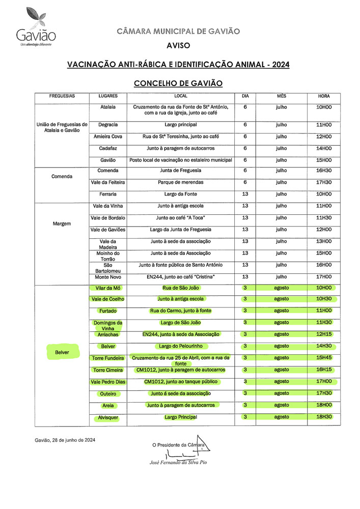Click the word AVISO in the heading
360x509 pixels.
click(178, 46)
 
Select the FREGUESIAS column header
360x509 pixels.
click(62, 96)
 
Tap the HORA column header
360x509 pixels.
click(324, 96)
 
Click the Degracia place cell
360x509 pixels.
click(108, 125)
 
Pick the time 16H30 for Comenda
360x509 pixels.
click(324, 171)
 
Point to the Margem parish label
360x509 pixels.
click(62, 223)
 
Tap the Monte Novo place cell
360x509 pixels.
click(108, 277)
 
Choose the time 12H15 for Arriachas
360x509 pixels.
click(324, 334)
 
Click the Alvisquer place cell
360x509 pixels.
click(108, 417)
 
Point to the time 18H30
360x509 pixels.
click(324, 417)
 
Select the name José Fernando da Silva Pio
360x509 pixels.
click(178, 462)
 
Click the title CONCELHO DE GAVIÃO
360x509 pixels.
click(178, 83)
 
